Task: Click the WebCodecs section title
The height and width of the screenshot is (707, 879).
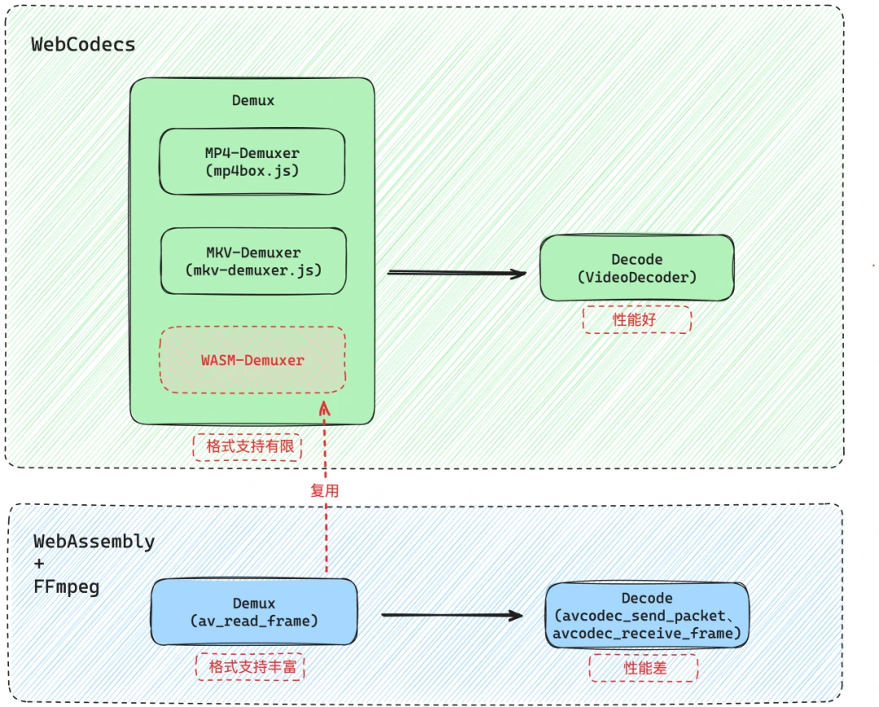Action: (83, 44)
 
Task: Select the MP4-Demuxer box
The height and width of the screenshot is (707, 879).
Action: (252, 161)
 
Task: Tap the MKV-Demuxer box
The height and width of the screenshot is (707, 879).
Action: (252, 261)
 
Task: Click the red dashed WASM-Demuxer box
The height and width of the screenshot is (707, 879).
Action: (252, 360)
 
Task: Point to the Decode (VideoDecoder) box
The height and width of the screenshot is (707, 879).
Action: (637, 268)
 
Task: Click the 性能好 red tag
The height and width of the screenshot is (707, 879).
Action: (637, 320)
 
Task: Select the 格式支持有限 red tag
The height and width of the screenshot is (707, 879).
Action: (247, 447)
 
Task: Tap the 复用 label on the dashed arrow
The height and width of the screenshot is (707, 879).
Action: (325, 491)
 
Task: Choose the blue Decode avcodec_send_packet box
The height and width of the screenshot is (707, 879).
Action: (647, 616)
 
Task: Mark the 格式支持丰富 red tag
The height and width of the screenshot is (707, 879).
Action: (253, 667)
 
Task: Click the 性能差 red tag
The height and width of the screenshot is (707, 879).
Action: (643, 669)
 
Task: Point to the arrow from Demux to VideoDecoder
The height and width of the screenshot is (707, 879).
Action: (457, 273)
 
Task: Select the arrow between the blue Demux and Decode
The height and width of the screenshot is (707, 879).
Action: (452, 615)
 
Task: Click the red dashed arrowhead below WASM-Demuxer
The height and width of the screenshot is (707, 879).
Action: (325, 407)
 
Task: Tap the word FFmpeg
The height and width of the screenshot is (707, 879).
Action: (67, 586)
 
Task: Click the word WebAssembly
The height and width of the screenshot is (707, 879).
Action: (94, 542)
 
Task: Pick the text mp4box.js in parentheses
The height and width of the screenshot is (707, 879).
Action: (252, 171)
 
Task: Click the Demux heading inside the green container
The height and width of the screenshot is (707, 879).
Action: (253, 101)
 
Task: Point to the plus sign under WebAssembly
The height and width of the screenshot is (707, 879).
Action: (38, 564)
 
